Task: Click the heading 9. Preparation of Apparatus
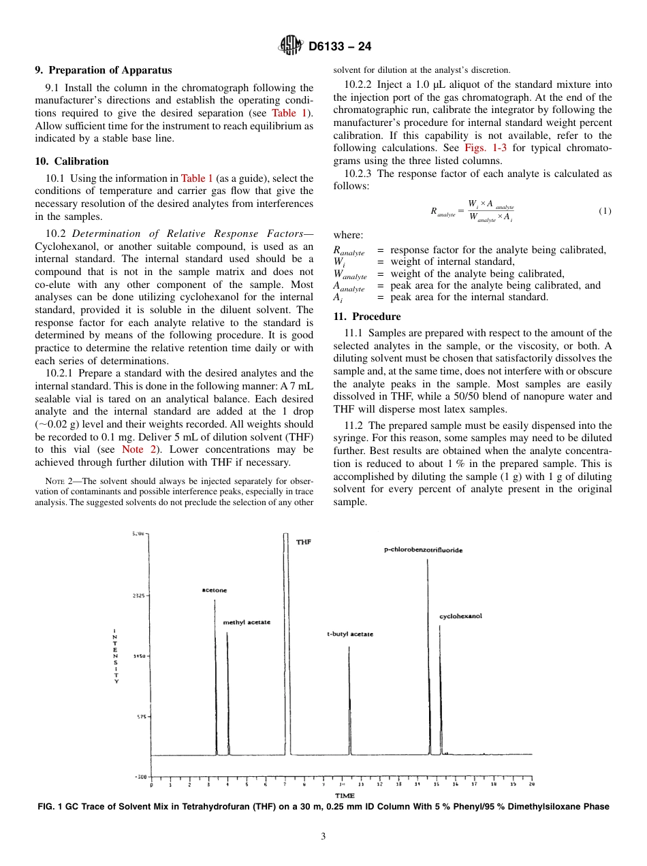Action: tap(103, 70)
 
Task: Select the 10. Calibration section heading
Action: tap(72, 161)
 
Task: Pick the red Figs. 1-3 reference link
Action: tap(486, 148)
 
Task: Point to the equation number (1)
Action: tap(605, 211)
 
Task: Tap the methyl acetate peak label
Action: tap(247, 622)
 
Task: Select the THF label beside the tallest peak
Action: tap(304, 541)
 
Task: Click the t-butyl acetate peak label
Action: tap(350, 634)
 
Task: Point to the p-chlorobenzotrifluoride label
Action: tap(424, 549)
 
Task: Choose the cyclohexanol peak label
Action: tap(460, 616)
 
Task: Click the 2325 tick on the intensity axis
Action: tap(138, 595)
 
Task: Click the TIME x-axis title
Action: tap(345, 796)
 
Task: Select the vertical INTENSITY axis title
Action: tap(116, 655)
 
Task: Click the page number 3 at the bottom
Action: tap(323, 837)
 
